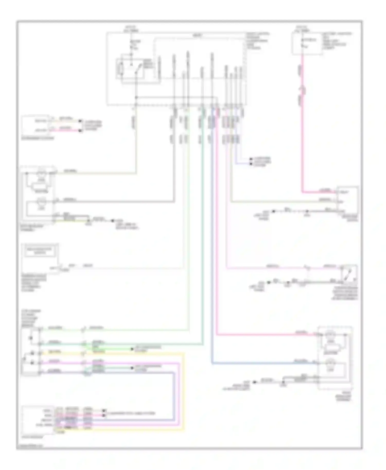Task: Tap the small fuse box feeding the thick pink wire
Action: (x=307, y=43)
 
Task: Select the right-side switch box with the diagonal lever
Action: (x=348, y=274)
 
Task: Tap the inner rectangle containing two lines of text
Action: (x=40, y=251)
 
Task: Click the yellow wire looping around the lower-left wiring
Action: (x=183, y=391)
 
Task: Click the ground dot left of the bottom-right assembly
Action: (x=255, y=382)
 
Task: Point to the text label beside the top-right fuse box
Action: (x=337, y=41)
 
